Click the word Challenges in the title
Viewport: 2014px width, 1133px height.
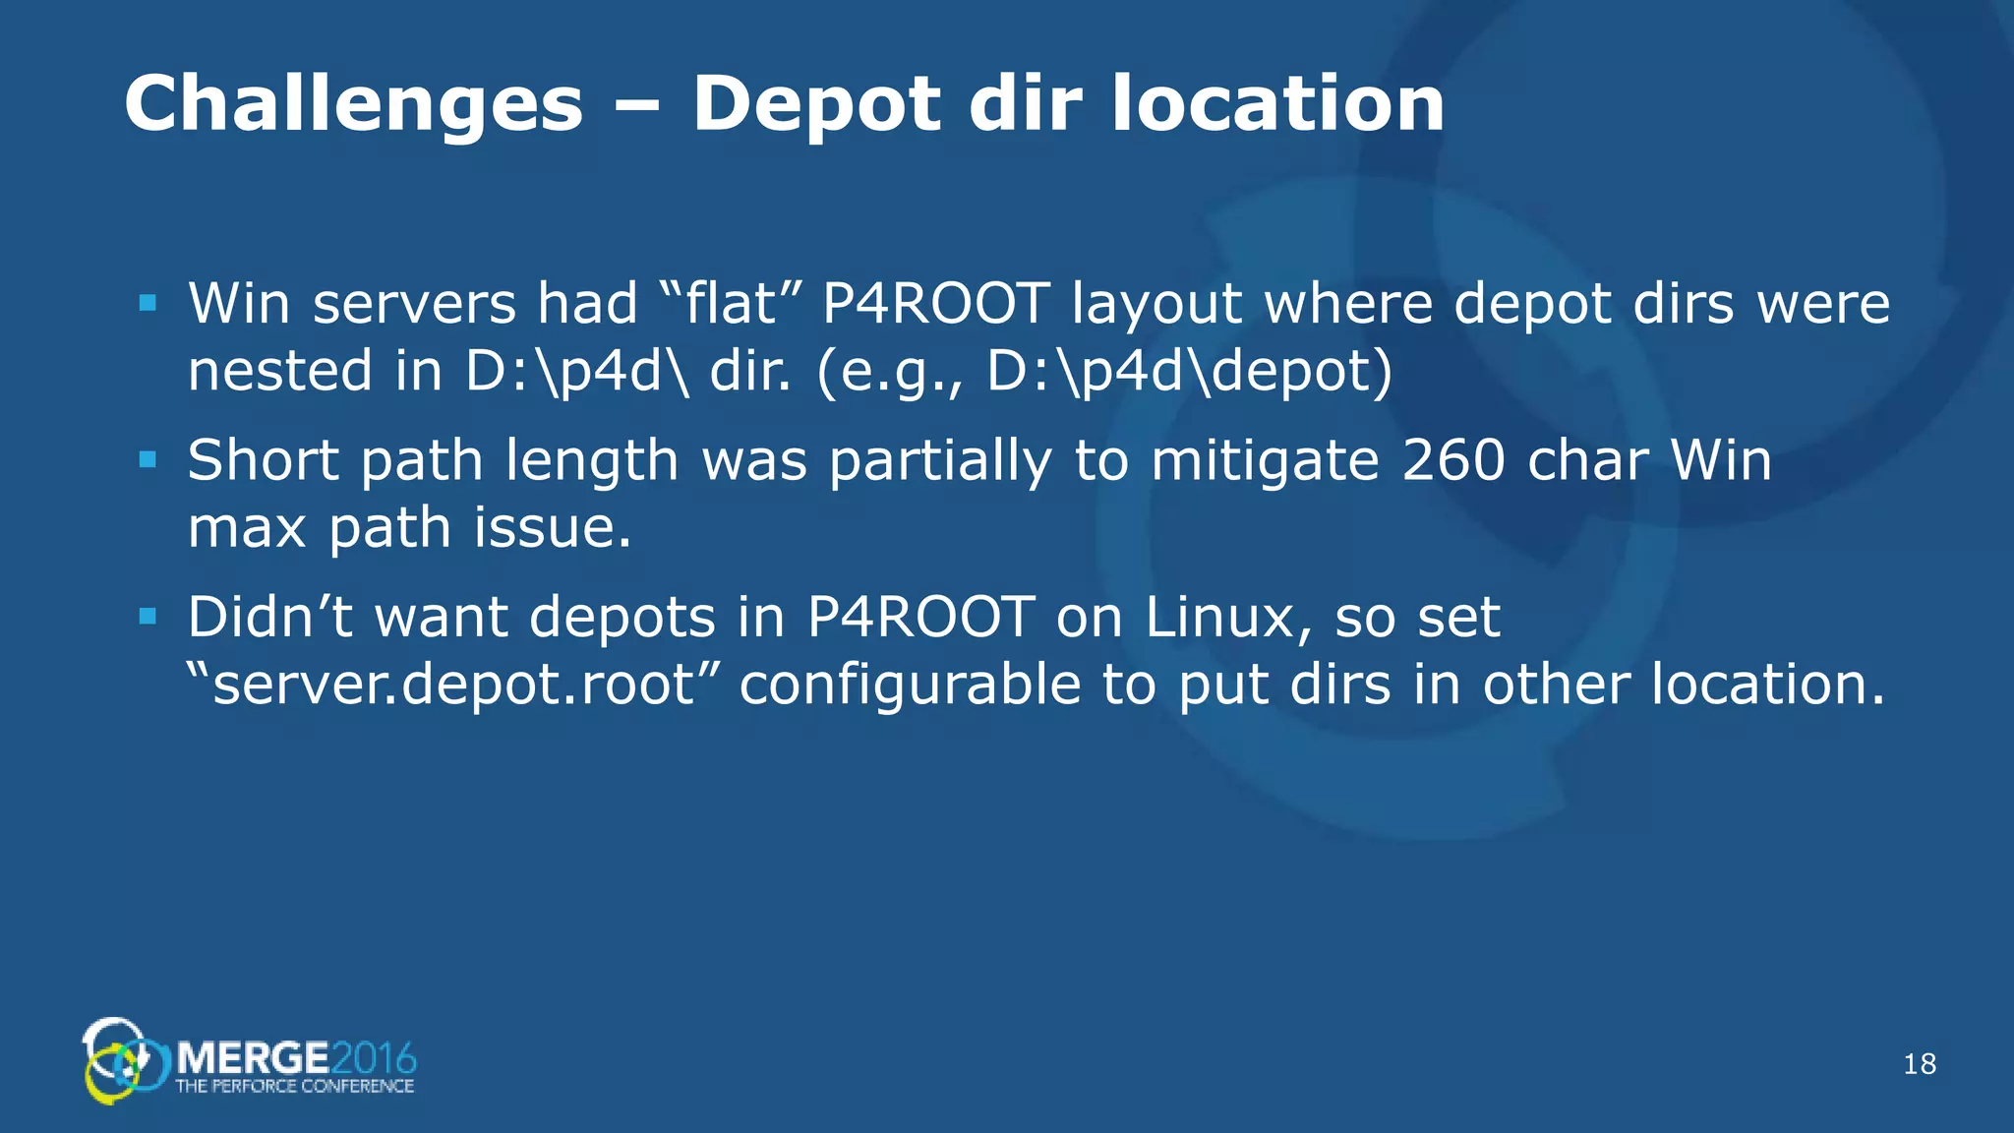pos(353,104)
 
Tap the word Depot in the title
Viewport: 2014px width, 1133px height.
pos(816,104)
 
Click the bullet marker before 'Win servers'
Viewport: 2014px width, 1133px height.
pos(148,303)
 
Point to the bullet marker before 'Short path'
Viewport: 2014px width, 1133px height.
pos(148,459)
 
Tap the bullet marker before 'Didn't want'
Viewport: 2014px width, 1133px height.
pos(148,617)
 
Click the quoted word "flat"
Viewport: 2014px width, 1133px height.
pos(722,303)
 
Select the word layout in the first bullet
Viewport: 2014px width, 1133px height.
pos(1156,305)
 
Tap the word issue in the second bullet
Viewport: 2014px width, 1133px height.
pos(552,527)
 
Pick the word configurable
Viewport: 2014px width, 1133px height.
pos(910,686)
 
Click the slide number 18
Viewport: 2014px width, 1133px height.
pos(1920,1063)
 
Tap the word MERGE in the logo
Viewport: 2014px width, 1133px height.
pos(253,1058)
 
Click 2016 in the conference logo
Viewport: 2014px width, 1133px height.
pos(374,1058)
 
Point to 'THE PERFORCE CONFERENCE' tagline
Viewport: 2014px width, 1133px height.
pos(294,1086)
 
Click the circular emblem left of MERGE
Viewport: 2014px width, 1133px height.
pos(123,1060)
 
